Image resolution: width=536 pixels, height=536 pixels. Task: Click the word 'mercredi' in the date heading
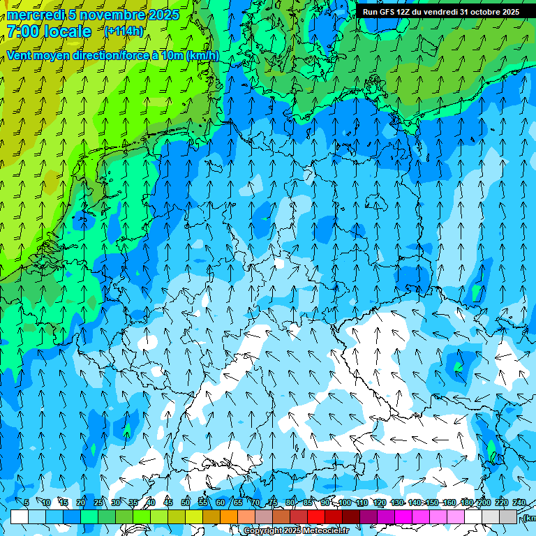point(35,15)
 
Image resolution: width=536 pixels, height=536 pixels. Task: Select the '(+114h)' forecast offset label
point(124,31)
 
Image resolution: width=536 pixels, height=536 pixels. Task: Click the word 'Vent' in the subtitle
point(19,56)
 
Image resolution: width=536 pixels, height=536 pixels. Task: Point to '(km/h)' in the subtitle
point(202,56)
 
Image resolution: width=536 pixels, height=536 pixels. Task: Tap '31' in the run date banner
point(465,12)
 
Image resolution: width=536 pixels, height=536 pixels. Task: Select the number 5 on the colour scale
point(27,502)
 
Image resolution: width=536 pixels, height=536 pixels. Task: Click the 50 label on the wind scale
point(186,502)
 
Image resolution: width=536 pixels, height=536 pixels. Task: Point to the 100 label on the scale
point(345,502)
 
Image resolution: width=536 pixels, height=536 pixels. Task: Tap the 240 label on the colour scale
point(519,502)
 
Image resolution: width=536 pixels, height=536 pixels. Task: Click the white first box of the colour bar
point(20,516)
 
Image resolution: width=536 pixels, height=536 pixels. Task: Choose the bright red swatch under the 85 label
point(316,516)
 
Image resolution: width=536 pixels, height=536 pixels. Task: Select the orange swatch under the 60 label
point(229,516)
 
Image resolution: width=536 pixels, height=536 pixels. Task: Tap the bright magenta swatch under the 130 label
point(403,516)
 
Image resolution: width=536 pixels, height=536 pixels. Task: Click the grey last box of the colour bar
point(508,516)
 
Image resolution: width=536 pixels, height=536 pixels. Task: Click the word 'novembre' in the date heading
point(105,15)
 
